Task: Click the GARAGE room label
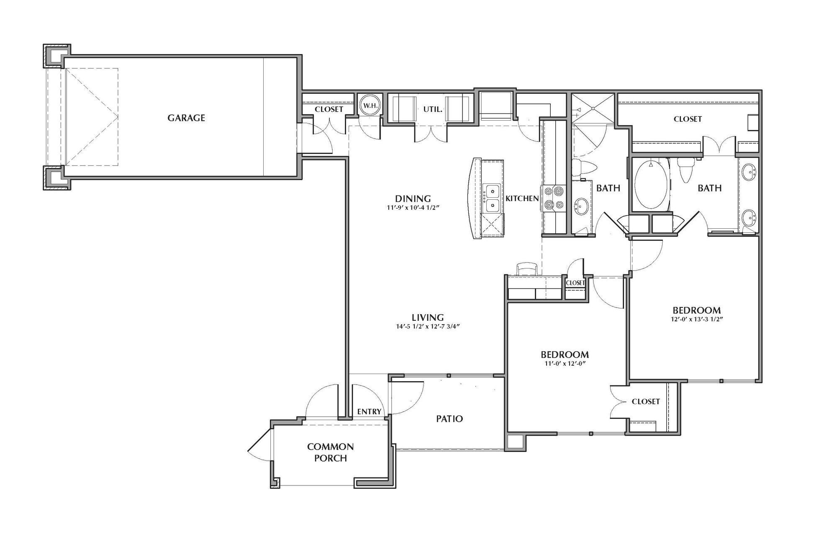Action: pos(186,118)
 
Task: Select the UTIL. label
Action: pos(433,109)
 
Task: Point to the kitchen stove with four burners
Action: pos(553,198)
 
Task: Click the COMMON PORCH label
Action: pos(331,452)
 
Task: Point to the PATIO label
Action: pos(449,418)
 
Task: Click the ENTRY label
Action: pos(369,412)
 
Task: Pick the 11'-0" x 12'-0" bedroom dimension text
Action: pos(565,364)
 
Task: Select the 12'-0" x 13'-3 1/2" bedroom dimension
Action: pos(696,319)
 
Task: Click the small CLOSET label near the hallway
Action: pos(575,283)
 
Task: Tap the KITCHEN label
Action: pos(522,199)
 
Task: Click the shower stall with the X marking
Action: pos(593,108)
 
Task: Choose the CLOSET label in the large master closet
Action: pos(688,119)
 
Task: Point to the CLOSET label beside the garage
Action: pos(329,109)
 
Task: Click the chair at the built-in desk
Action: pos(526,268)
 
